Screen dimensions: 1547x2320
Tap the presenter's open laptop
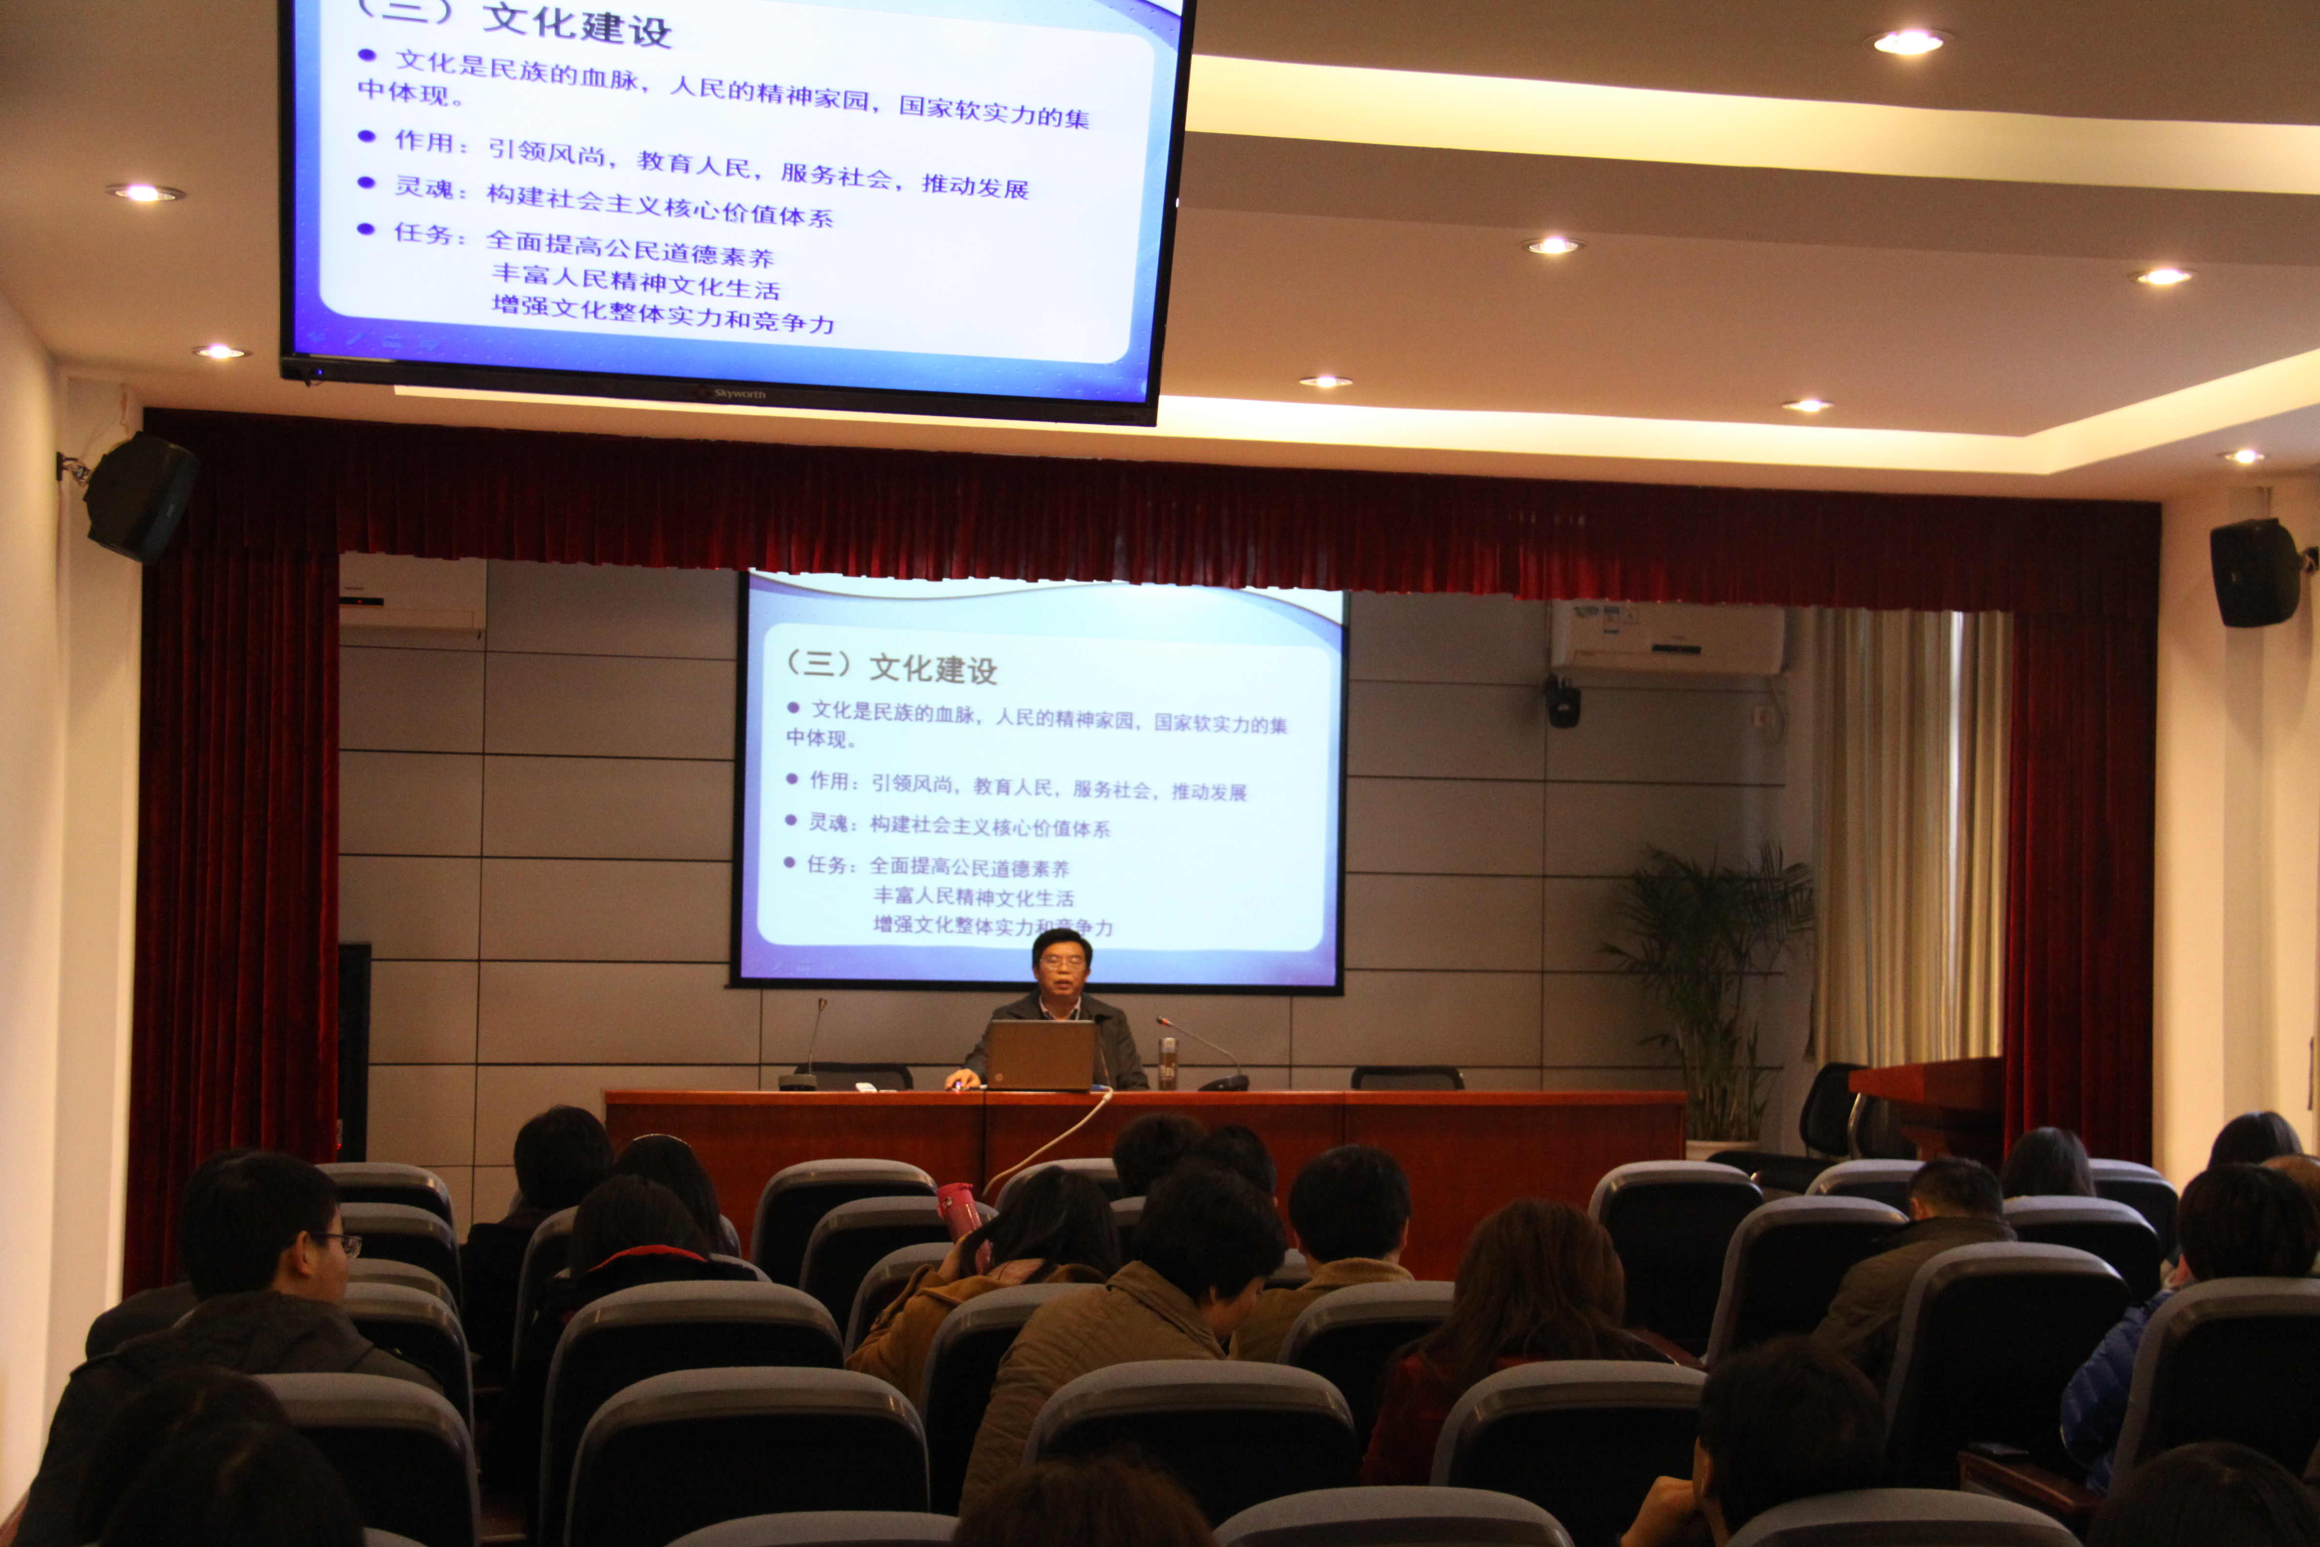tap(1041, 1054)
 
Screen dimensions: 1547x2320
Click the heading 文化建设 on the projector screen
tap(932, 669)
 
